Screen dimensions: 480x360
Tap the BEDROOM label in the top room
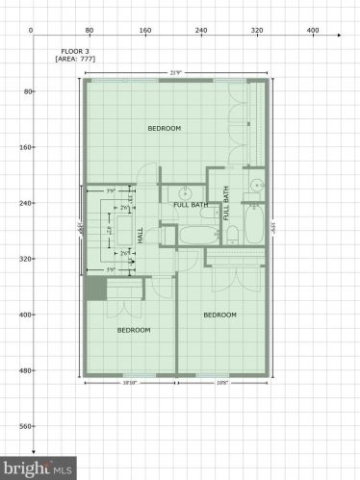click(x=165, y=128)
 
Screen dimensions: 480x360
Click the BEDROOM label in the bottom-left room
click(x=134, y=330)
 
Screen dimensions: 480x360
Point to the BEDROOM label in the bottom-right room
click(x=220, y=315)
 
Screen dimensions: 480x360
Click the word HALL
click(x=141, y=235)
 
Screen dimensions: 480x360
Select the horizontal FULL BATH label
click(x=191, y=205)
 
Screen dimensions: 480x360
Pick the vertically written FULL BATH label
click(x=227, y=203)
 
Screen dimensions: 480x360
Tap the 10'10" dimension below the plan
click(x=129, y=382)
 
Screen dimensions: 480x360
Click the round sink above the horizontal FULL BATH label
click(x=181, y=189)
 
